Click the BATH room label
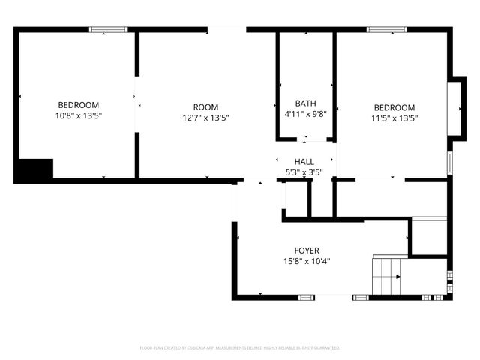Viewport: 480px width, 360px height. [305, 103]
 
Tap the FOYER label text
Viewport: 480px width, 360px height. [306, 250]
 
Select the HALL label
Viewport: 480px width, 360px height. [304, 162]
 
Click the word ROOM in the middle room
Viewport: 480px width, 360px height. [205, 107]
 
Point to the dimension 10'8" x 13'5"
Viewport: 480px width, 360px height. [78, 116]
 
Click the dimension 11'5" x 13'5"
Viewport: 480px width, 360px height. [394, 118]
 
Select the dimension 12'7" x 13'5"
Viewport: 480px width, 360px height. [205, 118]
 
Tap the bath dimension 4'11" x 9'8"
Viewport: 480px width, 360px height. [305, 114]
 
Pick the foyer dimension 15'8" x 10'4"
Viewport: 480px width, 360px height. [306, 262]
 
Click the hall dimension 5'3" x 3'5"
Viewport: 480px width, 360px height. [304, 172]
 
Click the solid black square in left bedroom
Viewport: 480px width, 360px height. [34, 169]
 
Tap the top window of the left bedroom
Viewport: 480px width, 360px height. [109, 30]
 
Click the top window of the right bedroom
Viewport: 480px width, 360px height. [386, 30]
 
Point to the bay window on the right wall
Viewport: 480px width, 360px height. [454, 106]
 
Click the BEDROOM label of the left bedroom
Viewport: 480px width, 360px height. [78, 105]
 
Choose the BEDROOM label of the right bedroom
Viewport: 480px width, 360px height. [394, 107]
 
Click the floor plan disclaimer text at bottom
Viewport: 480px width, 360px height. [240, 348]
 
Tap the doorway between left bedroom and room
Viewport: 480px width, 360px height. [136, 106]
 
